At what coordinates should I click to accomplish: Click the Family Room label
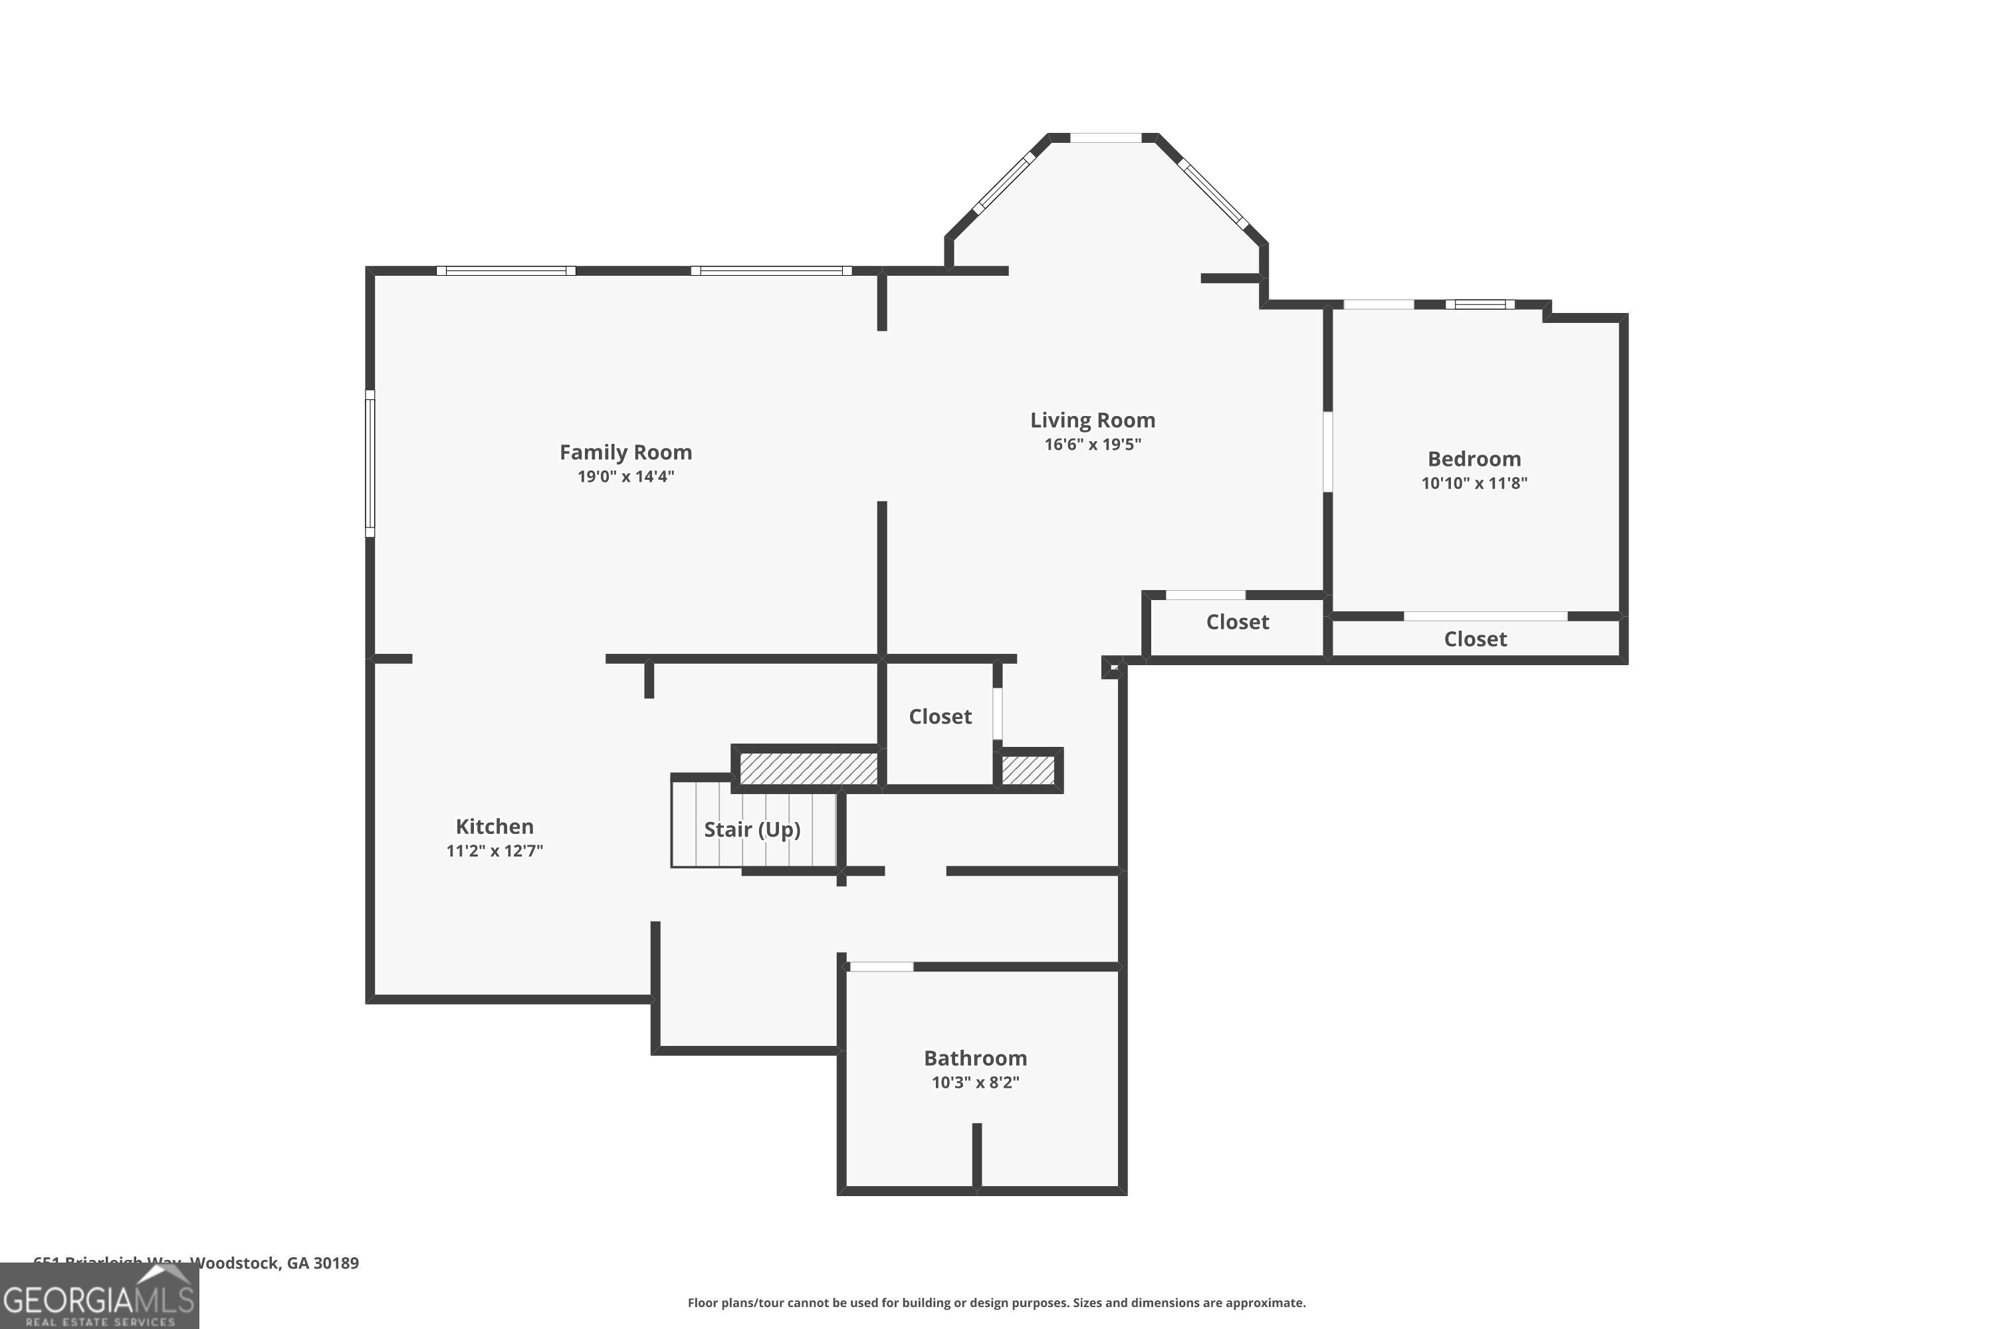(x=625, y=452)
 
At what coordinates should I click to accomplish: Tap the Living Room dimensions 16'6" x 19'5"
(x=1092, y=444)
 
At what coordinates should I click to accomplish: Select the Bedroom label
(x=1474, y=459)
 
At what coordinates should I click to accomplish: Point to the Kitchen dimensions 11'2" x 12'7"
(x=495, y=850)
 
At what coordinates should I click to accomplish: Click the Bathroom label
(x=975, y=1058)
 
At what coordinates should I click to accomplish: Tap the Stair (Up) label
(x=752, y=829)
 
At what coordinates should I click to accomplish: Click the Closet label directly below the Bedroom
(x=1474, y=639)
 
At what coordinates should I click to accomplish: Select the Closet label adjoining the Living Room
(x=1237, y=621)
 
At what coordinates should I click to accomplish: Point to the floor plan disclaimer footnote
(x=996, y=1302)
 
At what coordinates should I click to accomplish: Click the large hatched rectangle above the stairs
(x=808, y=769)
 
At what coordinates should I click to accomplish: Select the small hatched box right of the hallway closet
(x=1028, y=769)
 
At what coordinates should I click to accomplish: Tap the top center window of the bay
(x=1105, y=138)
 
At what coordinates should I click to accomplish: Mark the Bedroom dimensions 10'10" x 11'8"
(x=1474, y=483)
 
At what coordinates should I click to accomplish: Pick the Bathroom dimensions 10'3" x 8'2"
(x=975, y=1082)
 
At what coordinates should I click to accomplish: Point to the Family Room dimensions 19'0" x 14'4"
(x=625, y=476)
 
